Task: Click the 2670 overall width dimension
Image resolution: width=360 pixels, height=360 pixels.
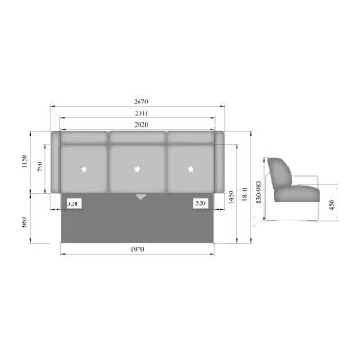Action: coord(140,102)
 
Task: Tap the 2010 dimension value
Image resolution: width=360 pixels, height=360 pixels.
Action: coord(141,113)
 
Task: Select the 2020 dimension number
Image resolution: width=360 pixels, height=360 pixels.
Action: coord(141,124)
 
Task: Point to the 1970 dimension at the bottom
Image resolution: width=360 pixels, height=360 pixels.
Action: coord(138,249)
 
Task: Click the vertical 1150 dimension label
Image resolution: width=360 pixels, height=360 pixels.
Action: coord(24,161)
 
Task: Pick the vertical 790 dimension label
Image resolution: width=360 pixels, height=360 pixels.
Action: coord(40,166)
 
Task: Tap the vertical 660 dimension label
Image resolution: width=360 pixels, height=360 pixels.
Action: coord(24,222)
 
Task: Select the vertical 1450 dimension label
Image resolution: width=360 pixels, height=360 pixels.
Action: coord(230,197)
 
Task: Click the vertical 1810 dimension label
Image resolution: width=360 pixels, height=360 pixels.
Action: coord(245,194)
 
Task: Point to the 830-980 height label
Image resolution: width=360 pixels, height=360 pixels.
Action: coord(259,192)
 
